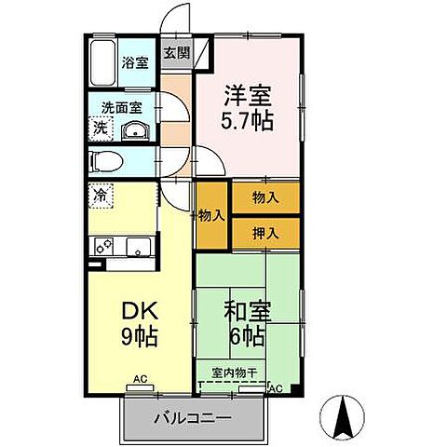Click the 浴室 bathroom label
135,63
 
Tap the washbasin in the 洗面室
136,129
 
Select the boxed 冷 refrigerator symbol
99,196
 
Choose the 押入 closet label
264,229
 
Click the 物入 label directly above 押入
264,197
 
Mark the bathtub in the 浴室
103,62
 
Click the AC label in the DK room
140,379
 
